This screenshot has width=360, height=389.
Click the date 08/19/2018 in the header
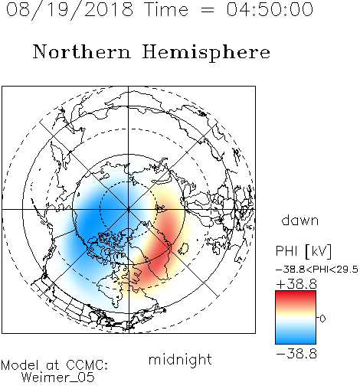pyautogui.click(x=69, y=9)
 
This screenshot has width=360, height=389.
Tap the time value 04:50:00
pyautogui.click(x=270, y=9)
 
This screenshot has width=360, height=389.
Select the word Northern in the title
pyautogui.click(x=82, y=51)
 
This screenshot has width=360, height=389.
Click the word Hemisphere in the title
pyautogui.click(x=206, y=53)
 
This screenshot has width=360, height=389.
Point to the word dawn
pyautogui.click(x=300, y=220)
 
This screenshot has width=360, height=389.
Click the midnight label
pyautogui.click(x=180, y=359)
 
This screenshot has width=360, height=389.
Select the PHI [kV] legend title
pyautogui.click(x=303, y=251)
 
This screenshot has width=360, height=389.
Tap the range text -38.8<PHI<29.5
pyautogui.click(x=317, y=270)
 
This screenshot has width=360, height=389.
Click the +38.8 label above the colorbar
pyautogui.click(x=296, y=284)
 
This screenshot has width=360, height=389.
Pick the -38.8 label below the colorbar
pyautogui.click(x=296, y=354)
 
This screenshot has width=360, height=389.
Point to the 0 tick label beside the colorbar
pyautogui.click(x=322, y=319)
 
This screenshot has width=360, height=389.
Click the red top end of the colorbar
pyautogui.click(x=296, y=293)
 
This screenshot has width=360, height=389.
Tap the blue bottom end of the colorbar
pyautogui.click(x=296, y=342)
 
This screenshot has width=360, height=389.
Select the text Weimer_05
pyautogui.click(x=58, y=377)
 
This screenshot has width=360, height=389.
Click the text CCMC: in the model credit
pyautogui.click(x=87, y=365)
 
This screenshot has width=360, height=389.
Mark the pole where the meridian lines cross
pyautogui.click(x=128, y=209)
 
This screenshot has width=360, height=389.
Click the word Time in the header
pyautogui.click(x=166, y=9)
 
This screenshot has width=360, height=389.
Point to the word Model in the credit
pyautogui.click(x=20, y=365)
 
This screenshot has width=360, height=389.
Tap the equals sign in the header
pyautogui.click(x=208, y=10)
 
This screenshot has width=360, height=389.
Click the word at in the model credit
pyautogui.click(x=52, y=365)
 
